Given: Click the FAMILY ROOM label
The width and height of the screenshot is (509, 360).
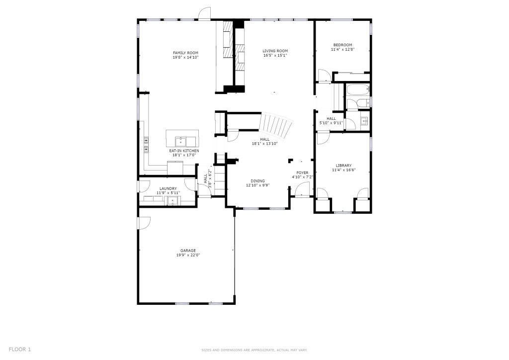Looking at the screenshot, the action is tap(185, 53).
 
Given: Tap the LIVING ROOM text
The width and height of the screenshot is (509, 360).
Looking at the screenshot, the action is tap(275, 51).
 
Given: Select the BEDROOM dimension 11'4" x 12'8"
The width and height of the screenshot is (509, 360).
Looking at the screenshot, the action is tap(343, 50).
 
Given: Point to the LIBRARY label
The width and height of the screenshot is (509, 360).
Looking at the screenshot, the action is tap(344, 166).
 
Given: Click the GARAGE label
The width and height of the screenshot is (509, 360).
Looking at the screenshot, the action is tap(188, 251).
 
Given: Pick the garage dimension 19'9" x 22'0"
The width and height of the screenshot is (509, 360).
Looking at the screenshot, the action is tap(188, 255).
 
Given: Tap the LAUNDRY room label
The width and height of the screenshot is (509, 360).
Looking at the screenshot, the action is tap(168, 188).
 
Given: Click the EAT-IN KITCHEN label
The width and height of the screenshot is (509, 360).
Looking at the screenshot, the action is tap(184, 151).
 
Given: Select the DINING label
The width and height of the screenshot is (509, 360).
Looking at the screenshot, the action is tap(258, 181).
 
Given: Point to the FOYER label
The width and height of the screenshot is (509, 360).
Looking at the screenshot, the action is tap(303, 173).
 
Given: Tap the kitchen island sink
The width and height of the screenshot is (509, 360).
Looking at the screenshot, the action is tap(181, 142).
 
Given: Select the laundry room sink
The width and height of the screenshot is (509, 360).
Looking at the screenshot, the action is tap(173, 201).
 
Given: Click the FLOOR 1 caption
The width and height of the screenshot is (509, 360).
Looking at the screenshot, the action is tap(20, 350).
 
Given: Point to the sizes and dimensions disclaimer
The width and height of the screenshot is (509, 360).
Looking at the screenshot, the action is tap(254, 350).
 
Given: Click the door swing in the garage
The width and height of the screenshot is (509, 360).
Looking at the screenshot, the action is tap(145, 223).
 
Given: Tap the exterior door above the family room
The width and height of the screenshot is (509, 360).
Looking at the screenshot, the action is tap(204, 13).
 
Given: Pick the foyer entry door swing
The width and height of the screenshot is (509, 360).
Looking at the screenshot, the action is tap(302, 189).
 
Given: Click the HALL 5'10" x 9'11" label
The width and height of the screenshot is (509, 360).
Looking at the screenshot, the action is tap(332, 121).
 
